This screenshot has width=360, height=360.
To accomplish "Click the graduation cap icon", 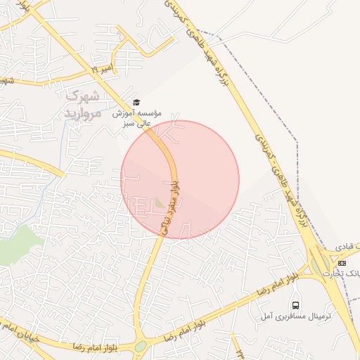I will pos(136,103).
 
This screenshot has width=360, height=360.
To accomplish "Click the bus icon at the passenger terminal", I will pos(295,305).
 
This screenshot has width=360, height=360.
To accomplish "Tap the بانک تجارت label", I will pos(343,274).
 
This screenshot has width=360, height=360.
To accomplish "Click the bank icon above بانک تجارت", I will pos(342,262).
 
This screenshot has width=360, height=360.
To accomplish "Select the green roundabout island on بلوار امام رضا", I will pos(141,346).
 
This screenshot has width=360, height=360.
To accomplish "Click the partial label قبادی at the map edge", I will pos(349,247).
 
